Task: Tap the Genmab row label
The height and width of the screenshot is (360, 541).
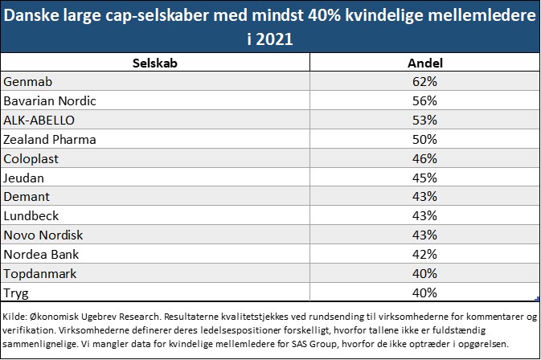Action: (27, 81)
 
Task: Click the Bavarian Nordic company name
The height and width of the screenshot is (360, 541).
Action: (50, 100)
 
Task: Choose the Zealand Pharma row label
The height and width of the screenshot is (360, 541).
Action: (50, 139)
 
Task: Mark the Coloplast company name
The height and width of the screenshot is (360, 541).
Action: (31, 158)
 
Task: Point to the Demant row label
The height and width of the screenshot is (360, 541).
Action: (27, 196)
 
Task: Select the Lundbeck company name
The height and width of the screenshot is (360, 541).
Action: (31, 215)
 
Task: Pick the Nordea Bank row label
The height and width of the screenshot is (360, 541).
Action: (40, 254)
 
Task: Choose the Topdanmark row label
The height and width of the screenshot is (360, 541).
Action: (40, 273)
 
